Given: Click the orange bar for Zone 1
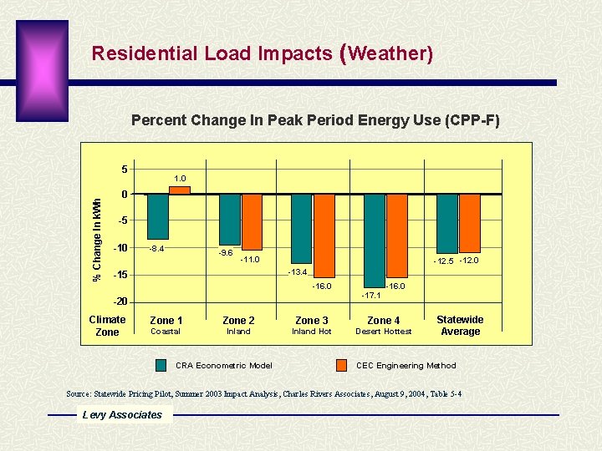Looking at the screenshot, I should pos(179,190).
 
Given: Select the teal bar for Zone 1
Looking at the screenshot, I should pos(157,216).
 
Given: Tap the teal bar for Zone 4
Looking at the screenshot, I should pos(375,241).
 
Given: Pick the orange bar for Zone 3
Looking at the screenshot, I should pos(324,236).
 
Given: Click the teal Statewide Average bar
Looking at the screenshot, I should pos(447,224).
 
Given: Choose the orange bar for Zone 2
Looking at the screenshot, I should pos(251,222).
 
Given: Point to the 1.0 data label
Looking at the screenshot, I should pos(179,178).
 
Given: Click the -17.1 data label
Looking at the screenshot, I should pos(370,296).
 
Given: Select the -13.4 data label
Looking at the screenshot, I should pos(298,272).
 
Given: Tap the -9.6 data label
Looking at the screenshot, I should pos(225,252).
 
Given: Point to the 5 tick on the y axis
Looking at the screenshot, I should pos(125,170).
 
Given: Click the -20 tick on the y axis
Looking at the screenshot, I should pos(121,302).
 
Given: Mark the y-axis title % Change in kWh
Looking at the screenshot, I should pos(97,240).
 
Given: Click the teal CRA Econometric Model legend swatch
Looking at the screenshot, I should pos(161,365).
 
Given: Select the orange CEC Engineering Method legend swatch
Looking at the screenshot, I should pos(341,365).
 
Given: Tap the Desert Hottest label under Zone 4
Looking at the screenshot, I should pos(384,332).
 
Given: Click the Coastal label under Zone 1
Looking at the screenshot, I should pos(165,332).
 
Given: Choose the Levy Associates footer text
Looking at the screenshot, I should pos(122,415).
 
